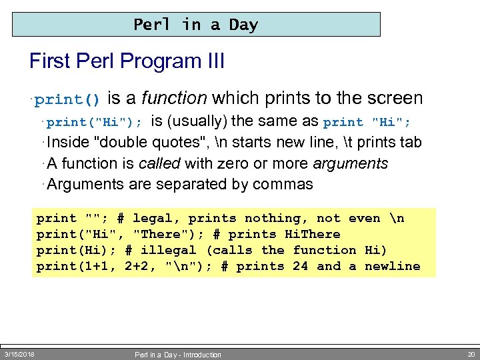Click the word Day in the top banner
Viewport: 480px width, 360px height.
click(243, 25)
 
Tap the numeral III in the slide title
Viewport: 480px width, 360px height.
click(212, 62)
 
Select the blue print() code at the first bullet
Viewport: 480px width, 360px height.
click(68, 100)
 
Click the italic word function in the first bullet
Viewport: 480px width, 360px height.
click(175, 99)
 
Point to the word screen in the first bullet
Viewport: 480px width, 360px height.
click(393, 99)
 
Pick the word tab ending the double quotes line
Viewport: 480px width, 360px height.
click(409, 143)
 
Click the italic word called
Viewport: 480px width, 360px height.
click(160, 163)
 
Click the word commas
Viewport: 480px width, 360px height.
click(283, 184)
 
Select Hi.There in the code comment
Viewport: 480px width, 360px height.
click(312, 235)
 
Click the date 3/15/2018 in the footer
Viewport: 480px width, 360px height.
click(19, 354)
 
